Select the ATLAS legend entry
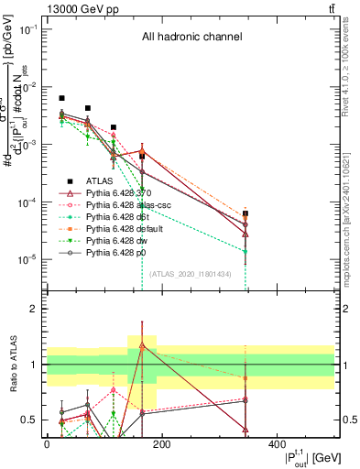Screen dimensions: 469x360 coord(101,181)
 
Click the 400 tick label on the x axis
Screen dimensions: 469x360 coord(276,444)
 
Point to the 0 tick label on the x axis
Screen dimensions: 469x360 coord(47,444)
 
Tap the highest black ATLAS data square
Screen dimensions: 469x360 coord(61,98)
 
